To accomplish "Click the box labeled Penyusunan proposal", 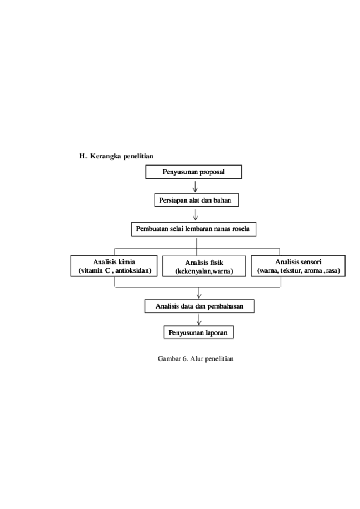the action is click(193, 172).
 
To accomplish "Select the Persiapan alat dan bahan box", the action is click(197, 200).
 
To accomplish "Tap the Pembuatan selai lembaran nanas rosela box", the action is click(194, 229).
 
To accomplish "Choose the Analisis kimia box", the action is click(114, 266).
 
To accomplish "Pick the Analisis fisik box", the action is click(204, 266).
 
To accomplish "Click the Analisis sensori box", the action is click(299, 266).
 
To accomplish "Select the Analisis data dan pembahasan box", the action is click(199, 306).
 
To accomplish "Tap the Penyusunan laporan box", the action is click(199, 332).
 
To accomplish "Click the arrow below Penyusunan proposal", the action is click(195, 186).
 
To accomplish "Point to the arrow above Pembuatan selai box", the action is click(195, 214).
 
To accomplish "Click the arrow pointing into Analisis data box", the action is click(199, 293).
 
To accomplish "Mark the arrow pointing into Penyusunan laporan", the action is click(199, 320).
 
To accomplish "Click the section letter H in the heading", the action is click(82, 156).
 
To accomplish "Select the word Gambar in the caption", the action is click(169, 359).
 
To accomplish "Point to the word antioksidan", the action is click(133, 270).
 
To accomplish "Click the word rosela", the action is click(240, 229).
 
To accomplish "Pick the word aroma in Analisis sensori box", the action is click(313, 270).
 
